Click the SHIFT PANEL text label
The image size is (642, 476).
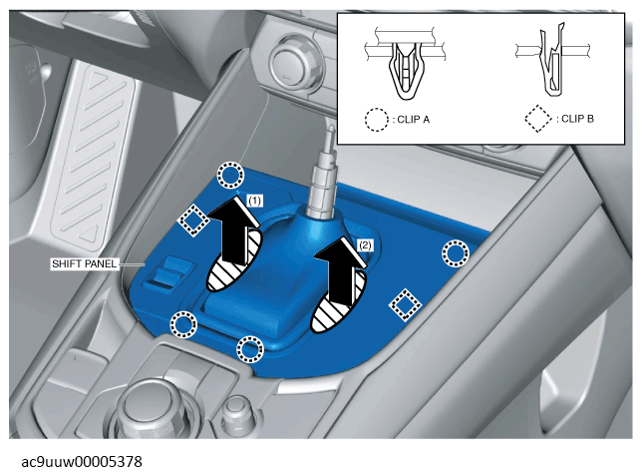click(x=85, y=263)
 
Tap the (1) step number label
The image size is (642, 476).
click(x=254, y=201)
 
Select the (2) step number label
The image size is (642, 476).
click(x=365, y=245)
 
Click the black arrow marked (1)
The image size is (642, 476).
click(x=234, y=231)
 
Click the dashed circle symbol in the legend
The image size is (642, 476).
click(x=376, y=120)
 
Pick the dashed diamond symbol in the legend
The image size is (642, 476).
click(x=538, y=119)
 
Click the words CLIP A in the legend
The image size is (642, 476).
click(x=414, y=120)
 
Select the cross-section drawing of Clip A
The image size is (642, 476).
click(x=405, y=64)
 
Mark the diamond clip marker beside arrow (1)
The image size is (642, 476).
click(x=192, y=221)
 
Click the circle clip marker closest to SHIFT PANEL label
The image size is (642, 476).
click(x=183, y=324)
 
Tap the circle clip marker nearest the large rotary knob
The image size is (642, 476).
click(x=250, y=349)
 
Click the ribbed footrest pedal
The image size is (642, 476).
click(x=94, y=157)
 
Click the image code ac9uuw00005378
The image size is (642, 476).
click(x=82, y=462)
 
